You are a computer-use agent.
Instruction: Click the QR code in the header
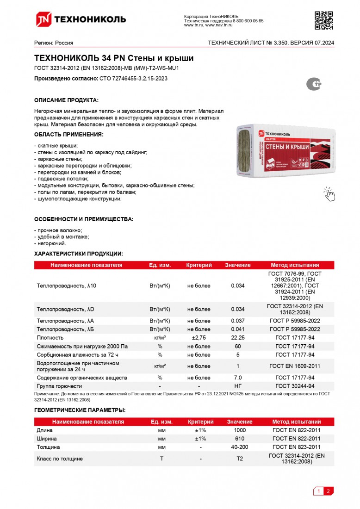(x=324, y=19)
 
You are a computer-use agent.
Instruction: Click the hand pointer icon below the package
(x=329, y=194)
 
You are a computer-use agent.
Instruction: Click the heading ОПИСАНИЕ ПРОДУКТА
(x=66, y=100)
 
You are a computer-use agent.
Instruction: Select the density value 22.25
(x=237, y=338)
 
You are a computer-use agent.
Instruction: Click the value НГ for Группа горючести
(x=237, y=386)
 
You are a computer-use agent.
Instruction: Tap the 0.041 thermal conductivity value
(x=237, y=329)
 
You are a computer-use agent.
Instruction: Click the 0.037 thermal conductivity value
(x=237, y=321)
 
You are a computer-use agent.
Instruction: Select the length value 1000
(x=240, y=430)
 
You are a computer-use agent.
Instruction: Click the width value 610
(x=240, y=438)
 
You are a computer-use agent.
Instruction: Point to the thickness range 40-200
(x=240, y=447)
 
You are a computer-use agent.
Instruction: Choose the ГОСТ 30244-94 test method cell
(x=295, y=386)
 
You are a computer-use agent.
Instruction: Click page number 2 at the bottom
(x=328, y=491)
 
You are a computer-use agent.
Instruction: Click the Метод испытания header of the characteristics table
(x=295, y=265)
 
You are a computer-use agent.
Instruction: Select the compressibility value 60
(x=237, y=346)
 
